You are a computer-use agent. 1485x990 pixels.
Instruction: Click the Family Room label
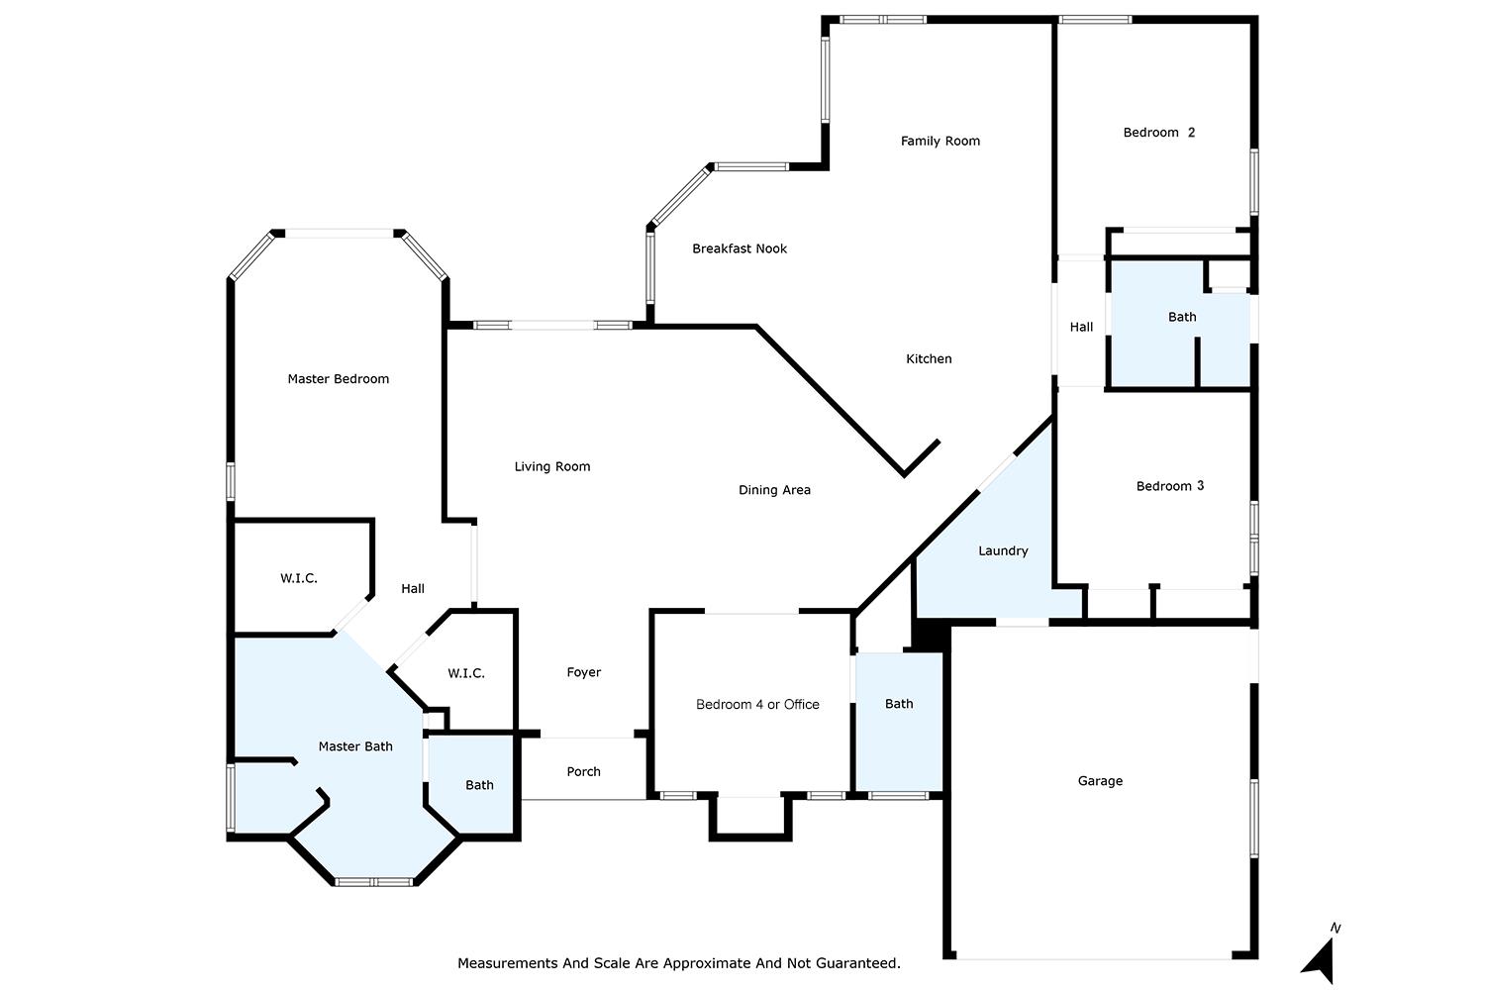coord(940,142)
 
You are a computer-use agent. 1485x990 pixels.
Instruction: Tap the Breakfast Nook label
coord(740,248)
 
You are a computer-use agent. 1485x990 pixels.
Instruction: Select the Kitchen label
coord(929,358)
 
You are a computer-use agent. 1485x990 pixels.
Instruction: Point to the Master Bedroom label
coord(339,378)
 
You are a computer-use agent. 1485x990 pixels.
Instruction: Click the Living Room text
coord(552,467)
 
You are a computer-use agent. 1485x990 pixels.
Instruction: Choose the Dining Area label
coord(774,490)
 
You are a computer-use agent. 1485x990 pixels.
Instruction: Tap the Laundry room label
coord(1003,551)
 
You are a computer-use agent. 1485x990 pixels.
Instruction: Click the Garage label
coord(1100,781)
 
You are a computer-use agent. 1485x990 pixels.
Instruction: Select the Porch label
coord(583,772)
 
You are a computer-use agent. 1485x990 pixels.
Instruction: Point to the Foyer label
coord(583,672)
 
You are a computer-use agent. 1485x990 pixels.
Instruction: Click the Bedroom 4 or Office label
coord(757,704)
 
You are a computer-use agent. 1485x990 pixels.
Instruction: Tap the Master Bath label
coord(355,746)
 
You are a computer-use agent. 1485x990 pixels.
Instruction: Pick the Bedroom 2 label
coord(1159,133)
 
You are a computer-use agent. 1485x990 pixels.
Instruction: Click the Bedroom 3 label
coord(1169,486)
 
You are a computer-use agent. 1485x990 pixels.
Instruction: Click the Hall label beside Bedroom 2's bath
coord(1081,327)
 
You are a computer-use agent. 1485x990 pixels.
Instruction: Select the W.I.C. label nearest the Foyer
coord(466,674)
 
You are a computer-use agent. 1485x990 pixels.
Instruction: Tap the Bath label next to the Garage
coord(899,704)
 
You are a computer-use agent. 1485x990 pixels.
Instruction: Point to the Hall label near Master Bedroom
coord(413,589)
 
